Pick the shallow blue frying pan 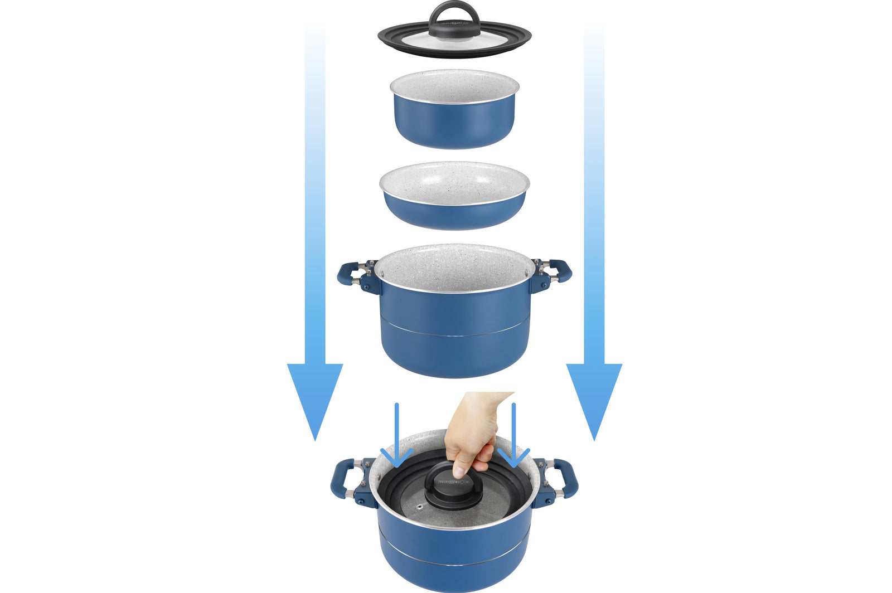pyautogui.click(x=454, y=215)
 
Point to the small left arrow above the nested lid pyautogui.click(x=396, y=440)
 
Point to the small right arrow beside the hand pyautogui.click(x=513, y=440)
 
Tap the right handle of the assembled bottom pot pyautogui.click(x=566, y=479)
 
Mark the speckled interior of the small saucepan pyautogui.click(x=454, y=86)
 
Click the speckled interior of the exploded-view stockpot pyautogui.click(x=454, y=268)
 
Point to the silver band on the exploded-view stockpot pyautogui.click(x=454, y=334)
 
